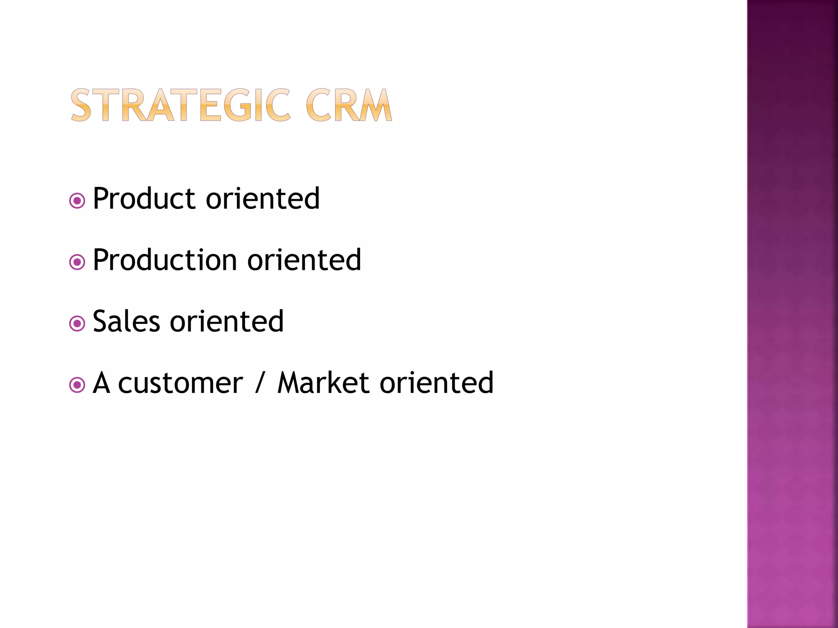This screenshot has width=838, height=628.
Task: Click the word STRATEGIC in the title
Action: coord(180,105)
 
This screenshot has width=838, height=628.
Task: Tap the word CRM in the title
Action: coord(349,105)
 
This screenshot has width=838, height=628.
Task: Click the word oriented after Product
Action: coord(263,199)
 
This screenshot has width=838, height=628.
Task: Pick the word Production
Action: coord(165,260)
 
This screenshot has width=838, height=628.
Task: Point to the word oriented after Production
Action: coord(304,260)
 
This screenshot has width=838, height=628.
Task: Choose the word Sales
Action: coord(126,322)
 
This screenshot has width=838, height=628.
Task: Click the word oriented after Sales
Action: coord(227,322)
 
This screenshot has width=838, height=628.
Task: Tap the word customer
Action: coord(180,384)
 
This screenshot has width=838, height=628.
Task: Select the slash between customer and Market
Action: coord(259,384)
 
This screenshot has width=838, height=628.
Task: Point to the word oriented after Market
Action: coord(437,384)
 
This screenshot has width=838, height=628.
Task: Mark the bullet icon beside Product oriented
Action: coord(77,201)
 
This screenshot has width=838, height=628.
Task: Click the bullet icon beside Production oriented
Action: coord(77,262)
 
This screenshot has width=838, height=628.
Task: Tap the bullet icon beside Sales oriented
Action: coord(77,324)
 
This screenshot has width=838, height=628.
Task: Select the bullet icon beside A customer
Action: coord(77,385)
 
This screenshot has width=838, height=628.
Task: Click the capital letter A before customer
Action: coord(101,384)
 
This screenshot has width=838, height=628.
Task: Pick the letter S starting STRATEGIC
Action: coord(81,105)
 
